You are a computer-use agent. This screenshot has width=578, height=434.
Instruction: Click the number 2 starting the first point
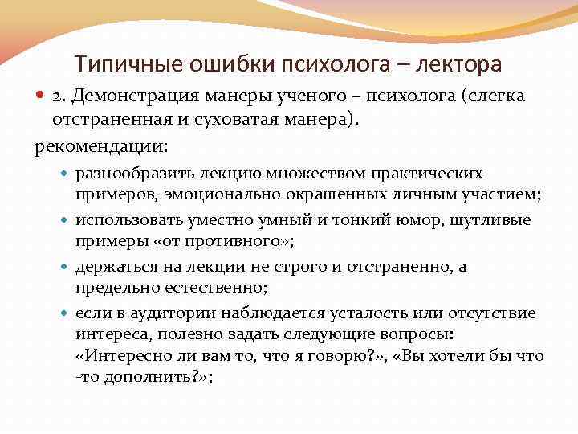tap(58, 96)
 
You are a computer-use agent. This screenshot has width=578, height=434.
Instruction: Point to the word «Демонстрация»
tap(127, 96)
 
